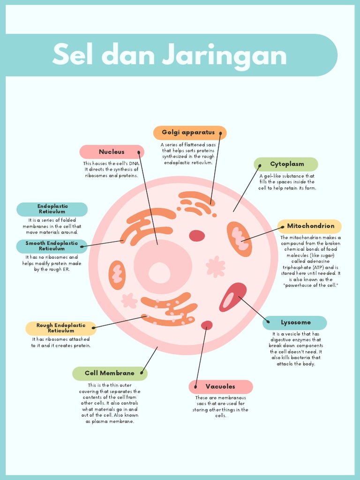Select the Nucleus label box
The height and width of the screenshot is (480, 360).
click(112, 152)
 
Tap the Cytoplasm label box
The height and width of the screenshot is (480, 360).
click(286, 164)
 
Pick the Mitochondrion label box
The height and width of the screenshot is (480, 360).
click(310, 226)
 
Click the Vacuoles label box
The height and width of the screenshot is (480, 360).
click(220, 387)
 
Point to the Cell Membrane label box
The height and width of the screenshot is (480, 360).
click(110, 374)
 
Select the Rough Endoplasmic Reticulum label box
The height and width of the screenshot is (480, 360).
click(61, 328)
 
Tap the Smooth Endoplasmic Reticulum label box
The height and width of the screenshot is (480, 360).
click(52, 246)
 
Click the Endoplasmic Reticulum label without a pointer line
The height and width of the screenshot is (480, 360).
click(52, 209)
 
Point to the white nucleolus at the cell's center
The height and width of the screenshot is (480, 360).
click(159, 272)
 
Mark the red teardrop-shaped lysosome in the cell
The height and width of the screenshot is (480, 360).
click(232, 297)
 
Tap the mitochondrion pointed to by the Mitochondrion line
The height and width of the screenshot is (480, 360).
click(240, 239)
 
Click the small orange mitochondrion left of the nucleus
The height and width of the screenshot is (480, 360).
click(117, 275)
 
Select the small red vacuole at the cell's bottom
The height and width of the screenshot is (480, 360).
click(207, 325)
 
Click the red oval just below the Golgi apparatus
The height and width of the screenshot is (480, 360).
click(197, 235)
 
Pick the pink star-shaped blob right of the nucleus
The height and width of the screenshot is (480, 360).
click(216, 266)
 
